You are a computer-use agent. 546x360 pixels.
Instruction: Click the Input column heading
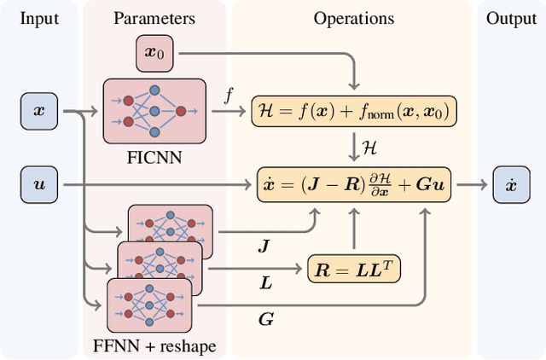[40, 18]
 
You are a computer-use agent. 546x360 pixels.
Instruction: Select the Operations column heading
[353, 18]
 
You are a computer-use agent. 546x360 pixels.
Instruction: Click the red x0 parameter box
[154, 55]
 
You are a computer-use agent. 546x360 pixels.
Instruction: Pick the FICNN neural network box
[154, 111]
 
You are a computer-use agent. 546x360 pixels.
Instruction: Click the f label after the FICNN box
[229, 97]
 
